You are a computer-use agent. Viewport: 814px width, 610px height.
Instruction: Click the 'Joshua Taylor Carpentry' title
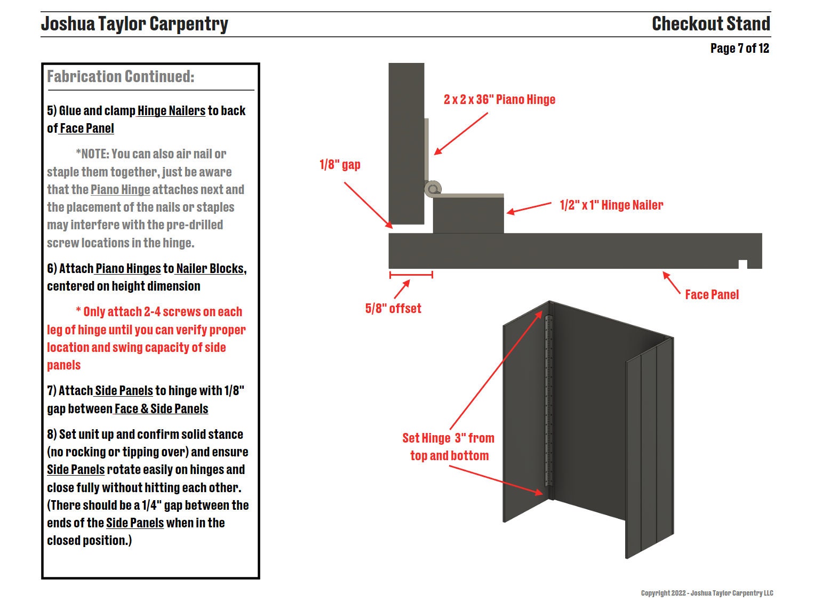(x=134, y=24)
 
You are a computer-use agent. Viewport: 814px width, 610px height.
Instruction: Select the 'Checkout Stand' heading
(x=711, y=24)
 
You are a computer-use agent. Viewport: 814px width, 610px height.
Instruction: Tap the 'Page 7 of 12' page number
(x=739, y=49)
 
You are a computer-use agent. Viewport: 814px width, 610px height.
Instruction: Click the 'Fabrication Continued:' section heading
(x=121, y=77)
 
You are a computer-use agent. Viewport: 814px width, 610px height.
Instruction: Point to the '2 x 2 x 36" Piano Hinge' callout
(x=499, y=100)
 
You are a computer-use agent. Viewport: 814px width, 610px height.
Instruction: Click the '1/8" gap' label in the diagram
(x=340, y=165)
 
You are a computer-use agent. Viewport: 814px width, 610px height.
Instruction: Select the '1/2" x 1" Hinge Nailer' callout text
(x=611, y=205)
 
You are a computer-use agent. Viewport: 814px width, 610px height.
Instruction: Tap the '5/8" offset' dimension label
(x=393, y=309)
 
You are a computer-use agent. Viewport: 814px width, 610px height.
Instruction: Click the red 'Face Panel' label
(x=712, y=295)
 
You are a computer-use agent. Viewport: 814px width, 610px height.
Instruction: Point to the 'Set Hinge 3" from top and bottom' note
(x=449, y=447)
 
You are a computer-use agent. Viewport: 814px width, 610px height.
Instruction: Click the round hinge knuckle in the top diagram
(x=433, y=189)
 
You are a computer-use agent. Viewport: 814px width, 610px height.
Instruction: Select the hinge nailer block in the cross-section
(x=468, y=216)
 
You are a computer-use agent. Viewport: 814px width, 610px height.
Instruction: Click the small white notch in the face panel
(x=743, y=264)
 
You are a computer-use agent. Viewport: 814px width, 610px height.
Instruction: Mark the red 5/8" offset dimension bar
(x=411, y=275)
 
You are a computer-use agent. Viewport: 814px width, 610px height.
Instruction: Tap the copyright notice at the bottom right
(x=707, y=593)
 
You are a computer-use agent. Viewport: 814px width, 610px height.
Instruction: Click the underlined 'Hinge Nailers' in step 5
(x=171, y=111)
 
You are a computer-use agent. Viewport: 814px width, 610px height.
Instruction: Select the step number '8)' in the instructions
(x=52, y=435)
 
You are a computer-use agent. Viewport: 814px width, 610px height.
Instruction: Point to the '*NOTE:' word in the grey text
(x=92, y=154)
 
